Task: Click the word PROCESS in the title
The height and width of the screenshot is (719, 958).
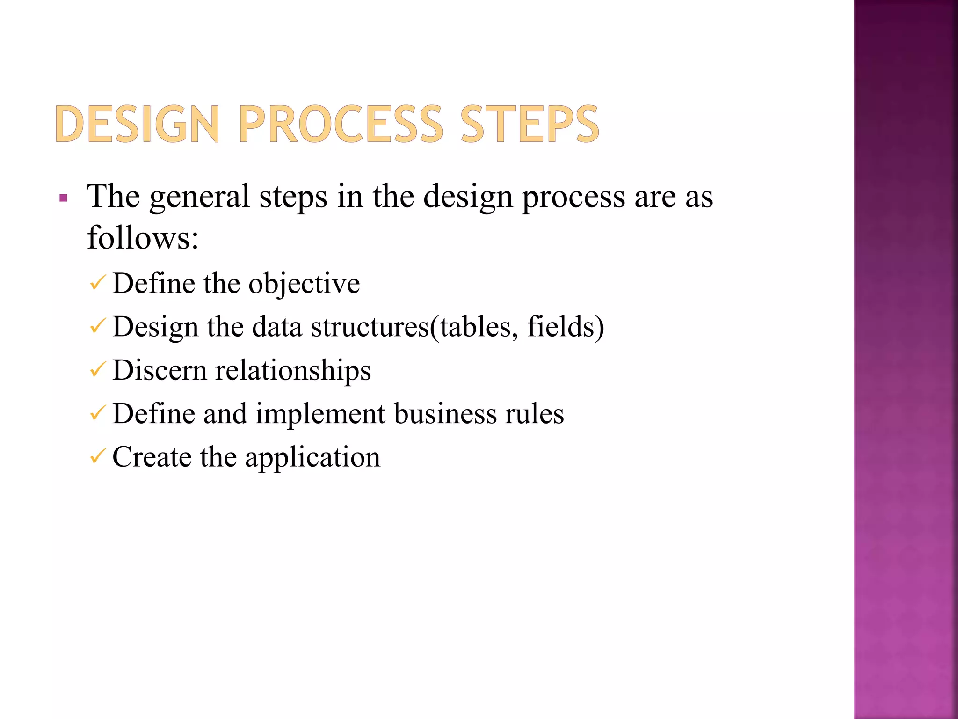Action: coord(341,124)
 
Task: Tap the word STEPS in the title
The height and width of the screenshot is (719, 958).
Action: coord(530,124)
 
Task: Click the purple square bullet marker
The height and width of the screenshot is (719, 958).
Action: coord(64,198)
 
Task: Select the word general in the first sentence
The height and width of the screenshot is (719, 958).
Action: coord(199,197)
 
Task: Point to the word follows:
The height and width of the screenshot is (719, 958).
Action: coord(143,238)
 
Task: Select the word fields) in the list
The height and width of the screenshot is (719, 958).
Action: coord(566,327)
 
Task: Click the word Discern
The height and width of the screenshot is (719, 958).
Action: coord(160,370)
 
